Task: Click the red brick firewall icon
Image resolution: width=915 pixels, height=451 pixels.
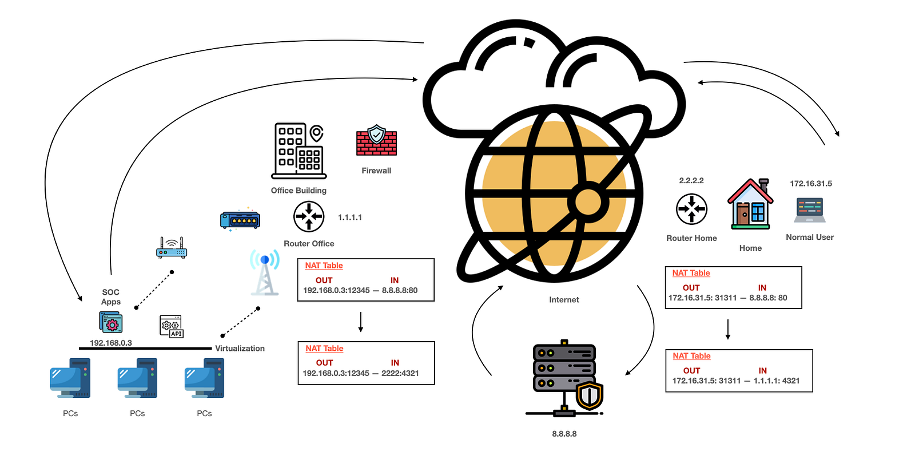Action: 376,140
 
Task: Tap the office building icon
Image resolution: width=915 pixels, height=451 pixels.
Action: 299,151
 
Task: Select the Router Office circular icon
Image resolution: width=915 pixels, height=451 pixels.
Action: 309,217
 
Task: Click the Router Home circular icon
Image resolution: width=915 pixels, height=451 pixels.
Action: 691,209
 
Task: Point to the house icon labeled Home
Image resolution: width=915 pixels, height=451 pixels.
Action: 750,204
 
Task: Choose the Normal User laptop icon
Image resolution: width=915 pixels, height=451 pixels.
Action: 810,210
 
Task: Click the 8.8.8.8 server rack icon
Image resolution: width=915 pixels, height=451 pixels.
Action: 564,378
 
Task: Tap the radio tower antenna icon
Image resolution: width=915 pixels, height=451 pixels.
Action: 265,272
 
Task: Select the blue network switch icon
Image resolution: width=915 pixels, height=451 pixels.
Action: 240,220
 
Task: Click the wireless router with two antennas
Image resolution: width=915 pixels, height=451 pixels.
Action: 172,248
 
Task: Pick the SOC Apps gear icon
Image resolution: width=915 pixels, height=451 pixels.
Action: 111,323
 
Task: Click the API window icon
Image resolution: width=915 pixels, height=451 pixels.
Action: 171,326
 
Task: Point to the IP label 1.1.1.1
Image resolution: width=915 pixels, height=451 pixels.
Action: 349,217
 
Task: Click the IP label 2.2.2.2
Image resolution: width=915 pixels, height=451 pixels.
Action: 691,181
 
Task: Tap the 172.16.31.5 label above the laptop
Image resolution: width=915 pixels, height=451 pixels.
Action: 811,184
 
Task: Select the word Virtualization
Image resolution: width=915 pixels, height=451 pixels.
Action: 240,349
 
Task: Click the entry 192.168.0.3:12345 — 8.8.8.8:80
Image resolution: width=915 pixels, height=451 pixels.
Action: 360,290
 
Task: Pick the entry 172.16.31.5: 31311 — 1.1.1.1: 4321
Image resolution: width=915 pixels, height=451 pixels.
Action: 735,381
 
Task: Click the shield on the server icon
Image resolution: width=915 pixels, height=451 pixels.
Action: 590,395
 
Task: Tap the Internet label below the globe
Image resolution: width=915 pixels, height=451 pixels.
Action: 564,300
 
